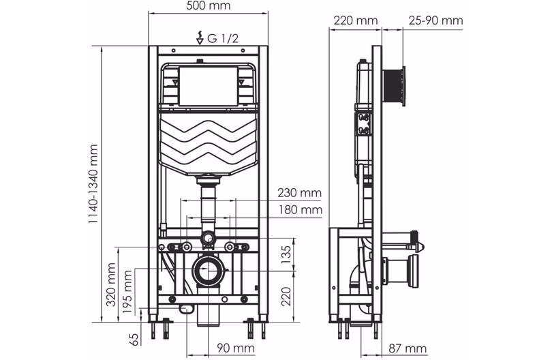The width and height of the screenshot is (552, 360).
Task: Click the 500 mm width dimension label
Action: (208, 6)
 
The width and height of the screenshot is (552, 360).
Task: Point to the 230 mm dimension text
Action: (299, 193)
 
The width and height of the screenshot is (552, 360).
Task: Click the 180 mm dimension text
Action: (299, 210)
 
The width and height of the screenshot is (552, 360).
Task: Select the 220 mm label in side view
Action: (355, 21)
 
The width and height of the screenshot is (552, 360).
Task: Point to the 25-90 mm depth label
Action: (435, 21)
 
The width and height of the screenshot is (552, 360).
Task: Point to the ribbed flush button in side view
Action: (395, 87)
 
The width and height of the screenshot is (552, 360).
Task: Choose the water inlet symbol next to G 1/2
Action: (200, 38)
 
